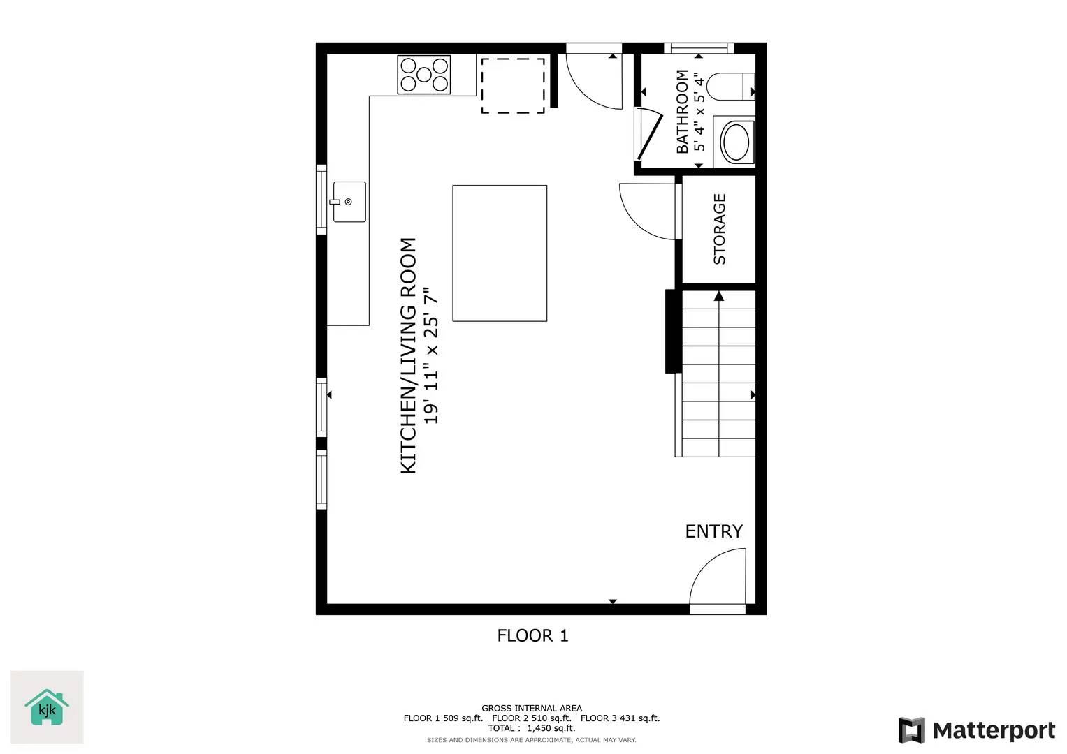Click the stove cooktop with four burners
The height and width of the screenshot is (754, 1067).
(x=424, y=75)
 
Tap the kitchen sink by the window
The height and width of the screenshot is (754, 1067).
(x=349, y=202)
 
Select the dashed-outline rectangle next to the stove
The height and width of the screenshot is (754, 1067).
(x=513, y=85)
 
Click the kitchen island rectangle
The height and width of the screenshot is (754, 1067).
(x=500, y=253)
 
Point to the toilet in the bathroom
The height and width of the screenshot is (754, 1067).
(x=730, y=87)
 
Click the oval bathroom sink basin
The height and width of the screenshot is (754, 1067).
(x=735, y=142)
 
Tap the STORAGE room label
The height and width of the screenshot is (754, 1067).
(x=719, y=229)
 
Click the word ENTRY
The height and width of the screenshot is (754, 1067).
(x=713, y=531)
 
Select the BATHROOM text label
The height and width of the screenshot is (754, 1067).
(x=682, y=111)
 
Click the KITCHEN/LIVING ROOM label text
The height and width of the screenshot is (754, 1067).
(x=408, y=355)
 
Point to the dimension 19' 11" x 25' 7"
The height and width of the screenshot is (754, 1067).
(x=431, y=355)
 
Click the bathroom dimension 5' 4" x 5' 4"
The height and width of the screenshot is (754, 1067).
(x=699, y=111)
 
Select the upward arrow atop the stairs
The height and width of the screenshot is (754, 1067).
(x=718, y=296)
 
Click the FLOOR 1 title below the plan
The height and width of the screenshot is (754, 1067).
(x=532, y=635)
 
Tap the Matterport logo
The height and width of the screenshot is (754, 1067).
(x=977, y=730)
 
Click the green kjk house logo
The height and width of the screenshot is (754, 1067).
(x=47, y=707)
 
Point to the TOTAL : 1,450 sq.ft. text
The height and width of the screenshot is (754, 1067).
(x=532, y=728)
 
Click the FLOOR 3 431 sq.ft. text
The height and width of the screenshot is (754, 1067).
(x=620, y=718)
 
